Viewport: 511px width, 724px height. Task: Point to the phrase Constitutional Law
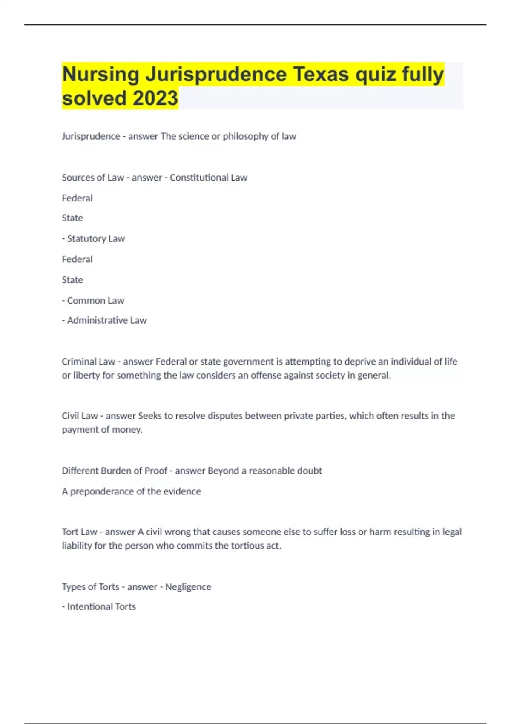click(x=208, y=178)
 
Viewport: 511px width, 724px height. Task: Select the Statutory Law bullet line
click(x=94, y=238)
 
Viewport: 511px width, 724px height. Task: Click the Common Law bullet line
click(x=93, y=301)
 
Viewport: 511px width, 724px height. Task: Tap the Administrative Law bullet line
click(x=105, y=320)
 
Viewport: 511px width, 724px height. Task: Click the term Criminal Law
click(x=89, y=362)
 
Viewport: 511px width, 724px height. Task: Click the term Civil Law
click(x=80, y=416)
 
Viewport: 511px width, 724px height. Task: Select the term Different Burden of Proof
click(x=115, y=471)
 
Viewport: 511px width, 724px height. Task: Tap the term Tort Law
click(x=80, y=532)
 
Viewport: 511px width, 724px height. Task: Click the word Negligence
click(x=188, y=587)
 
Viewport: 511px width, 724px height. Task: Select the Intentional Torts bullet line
click(x=99, y=606)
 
